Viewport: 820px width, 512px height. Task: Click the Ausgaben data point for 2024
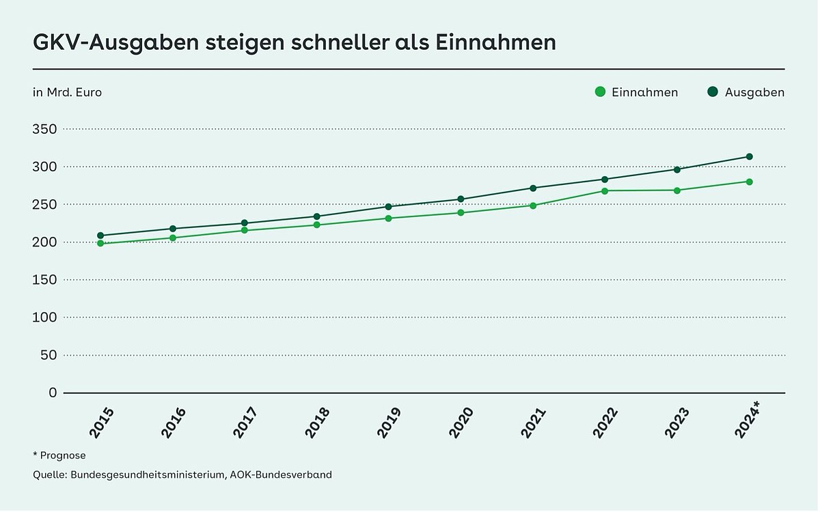(749, 156)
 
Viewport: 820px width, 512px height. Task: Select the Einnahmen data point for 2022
(605, 190)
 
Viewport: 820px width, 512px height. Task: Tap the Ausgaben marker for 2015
(100, 236)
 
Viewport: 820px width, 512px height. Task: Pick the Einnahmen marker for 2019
(389, 218)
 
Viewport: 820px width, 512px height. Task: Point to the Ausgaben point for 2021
(533, 188)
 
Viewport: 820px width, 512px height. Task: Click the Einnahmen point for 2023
(677, 190)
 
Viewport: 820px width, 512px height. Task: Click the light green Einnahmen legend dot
(601, 92)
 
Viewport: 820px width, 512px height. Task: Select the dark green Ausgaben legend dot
(712, 92)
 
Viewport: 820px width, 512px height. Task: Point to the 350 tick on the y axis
(44, 129)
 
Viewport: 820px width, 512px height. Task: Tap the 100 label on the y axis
(44, 317)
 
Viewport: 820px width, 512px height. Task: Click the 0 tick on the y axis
(51, 393)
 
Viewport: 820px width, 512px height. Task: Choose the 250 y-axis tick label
(44, 205)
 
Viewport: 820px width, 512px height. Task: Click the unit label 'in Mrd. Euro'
(67, 92)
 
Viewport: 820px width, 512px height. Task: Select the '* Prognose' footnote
(59, 455)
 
